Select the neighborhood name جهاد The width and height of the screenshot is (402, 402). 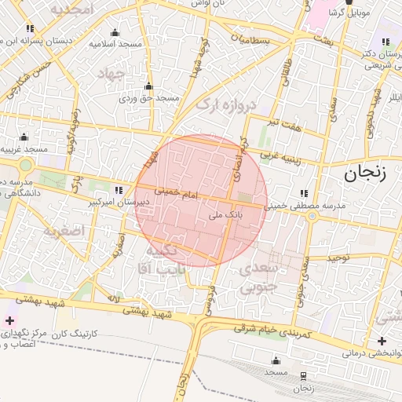(x=111, y=74)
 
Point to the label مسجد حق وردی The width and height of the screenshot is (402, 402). (x=150, y=98)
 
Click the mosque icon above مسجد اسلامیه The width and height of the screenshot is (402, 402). (x=115, y=32)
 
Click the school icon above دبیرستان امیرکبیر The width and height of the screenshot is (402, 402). (x=119, y=190)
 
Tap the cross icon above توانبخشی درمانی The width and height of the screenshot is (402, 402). (x=382, y=341)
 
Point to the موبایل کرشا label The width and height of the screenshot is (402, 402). (x=348, y=14)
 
